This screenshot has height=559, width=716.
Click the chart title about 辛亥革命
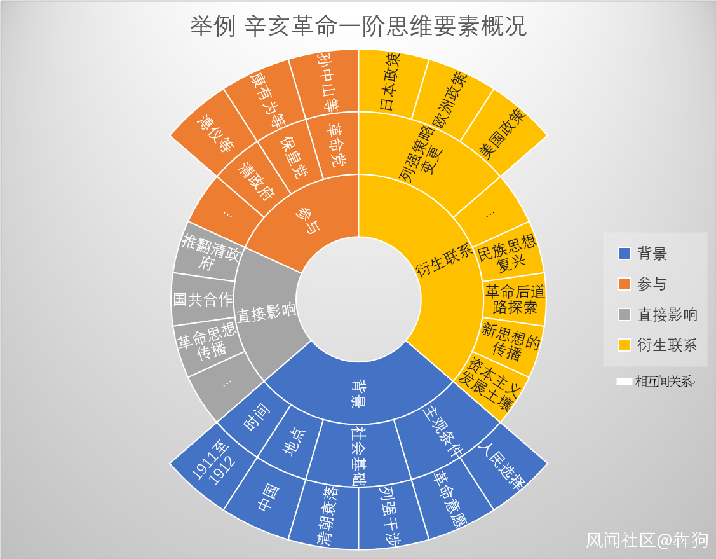pos(358,27)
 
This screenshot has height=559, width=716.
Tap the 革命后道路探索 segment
pos(515,299)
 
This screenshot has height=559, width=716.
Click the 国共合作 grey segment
pos(203,299)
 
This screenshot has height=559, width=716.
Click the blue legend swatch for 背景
pos(624,254)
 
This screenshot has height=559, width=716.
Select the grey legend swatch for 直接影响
pos(624,314)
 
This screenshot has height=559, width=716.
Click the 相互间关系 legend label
pos(664,382)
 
